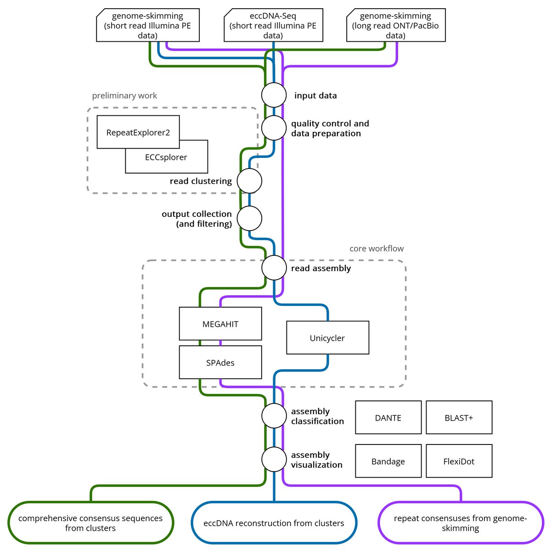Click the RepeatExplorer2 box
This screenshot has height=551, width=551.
coord(138,132)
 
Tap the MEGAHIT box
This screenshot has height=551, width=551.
coord(220,324)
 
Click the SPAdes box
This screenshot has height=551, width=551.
coord(220,362)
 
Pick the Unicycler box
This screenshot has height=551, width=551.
coord(327,338)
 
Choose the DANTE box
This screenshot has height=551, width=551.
coord(388,417)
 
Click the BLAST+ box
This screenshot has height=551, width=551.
coord(459,417)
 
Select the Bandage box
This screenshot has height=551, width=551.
coord(388,461)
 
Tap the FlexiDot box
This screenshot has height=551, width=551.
coord(459,461)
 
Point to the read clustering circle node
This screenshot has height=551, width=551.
coord(249,181)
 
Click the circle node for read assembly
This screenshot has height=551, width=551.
coord(274,268)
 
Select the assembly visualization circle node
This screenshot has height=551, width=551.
coord(274,460)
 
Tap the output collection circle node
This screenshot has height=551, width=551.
coord(249,219)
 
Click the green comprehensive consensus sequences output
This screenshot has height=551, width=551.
coord(90,523)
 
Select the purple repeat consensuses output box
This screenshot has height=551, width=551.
coord(460,523)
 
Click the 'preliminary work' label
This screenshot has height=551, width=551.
coord(124,96)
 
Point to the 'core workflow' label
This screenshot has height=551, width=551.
coord(377,248)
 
